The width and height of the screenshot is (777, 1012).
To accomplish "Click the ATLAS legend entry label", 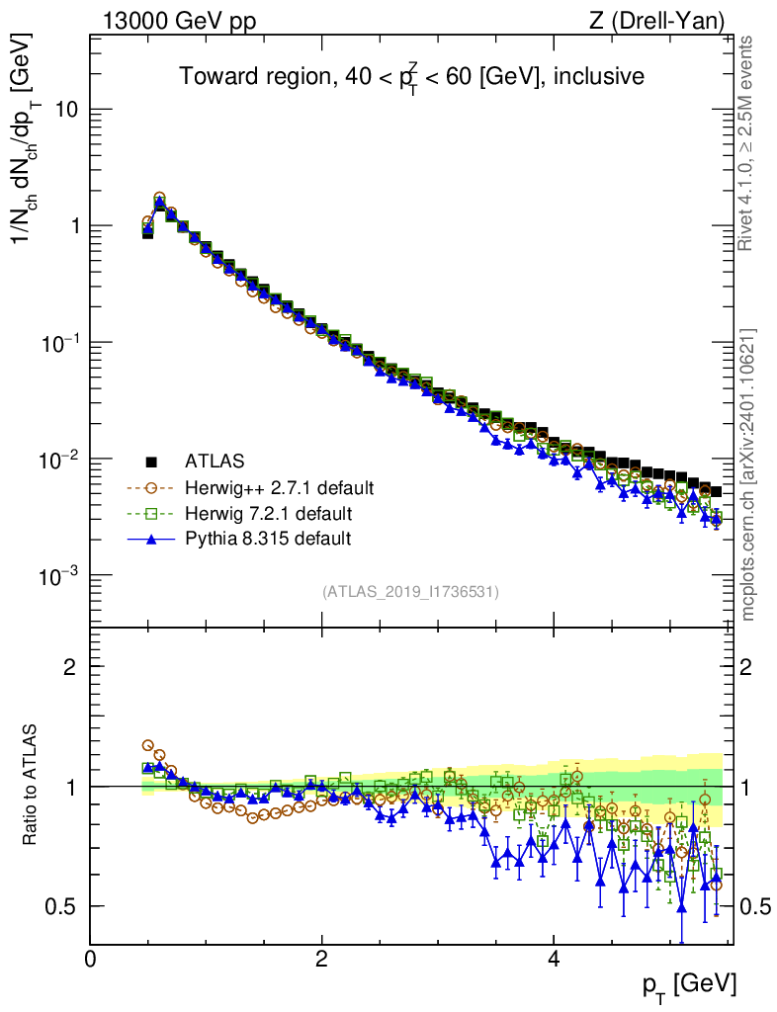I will pos(215,461).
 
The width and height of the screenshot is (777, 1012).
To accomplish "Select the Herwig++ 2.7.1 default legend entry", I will pos(280,487).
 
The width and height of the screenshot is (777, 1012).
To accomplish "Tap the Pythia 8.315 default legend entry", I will pos(268,539).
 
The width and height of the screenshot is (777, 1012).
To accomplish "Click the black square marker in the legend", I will pos(152,461).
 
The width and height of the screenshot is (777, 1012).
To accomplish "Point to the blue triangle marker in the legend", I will pos(152,539).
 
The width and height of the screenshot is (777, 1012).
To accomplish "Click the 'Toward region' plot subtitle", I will pos(411,77).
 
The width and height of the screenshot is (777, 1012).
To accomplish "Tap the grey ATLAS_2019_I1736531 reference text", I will pos(410,592).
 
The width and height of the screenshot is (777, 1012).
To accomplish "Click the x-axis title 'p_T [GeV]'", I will pos(690,984).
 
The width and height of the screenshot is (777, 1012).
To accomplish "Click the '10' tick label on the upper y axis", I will pos(65,109).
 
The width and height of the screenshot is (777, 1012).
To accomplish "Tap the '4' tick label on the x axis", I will pos(554,959).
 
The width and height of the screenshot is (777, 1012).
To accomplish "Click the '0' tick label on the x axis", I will pos(91,959).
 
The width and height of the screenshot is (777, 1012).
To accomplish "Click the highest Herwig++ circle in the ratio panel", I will pos(148,746).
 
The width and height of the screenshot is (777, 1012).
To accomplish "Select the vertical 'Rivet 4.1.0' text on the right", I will pos(748,143).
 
